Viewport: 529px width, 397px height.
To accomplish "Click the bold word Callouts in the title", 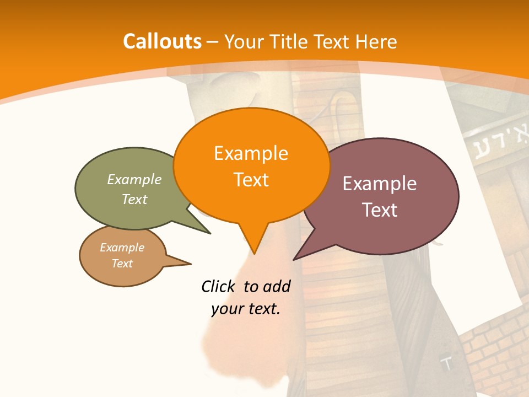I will [x=162, y=41].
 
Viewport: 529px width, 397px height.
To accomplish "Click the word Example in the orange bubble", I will [x=251, y=153].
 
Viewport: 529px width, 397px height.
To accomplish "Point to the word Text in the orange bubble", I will [x=251, y=179].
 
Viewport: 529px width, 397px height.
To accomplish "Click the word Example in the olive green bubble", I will [x=134, y=179].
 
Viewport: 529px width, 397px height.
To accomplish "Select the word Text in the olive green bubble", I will [x=134, y=199].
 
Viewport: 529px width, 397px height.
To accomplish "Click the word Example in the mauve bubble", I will [x=380, y=183].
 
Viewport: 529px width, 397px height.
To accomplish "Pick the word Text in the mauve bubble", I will [x=380, y=210].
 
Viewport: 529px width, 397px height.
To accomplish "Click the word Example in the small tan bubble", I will [x=122, y=248].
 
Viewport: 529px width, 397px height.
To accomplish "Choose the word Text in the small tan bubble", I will [x=122, y=264].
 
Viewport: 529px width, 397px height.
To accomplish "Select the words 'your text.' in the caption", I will [x=246, y=309].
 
